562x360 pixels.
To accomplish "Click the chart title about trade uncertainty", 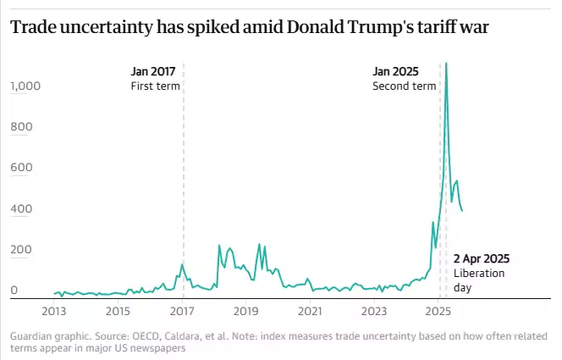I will point(250,28).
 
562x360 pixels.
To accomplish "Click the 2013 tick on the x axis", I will point(53,311).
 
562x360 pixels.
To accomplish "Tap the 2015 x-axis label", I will point(118,311).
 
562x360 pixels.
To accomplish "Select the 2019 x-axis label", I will point(246,311).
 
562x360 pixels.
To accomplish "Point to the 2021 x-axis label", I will point(311,311).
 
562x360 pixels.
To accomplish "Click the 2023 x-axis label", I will point(375,311).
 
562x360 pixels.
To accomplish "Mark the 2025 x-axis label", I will point(438,311).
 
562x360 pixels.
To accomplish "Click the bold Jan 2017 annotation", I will point(153,71).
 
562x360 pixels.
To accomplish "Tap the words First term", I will point(155,86).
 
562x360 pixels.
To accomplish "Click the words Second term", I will point(404,86).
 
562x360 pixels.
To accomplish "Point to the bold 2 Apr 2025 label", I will point(482,258).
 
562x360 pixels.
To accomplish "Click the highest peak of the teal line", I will point(446,63).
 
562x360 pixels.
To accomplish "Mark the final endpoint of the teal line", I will point(462,211).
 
